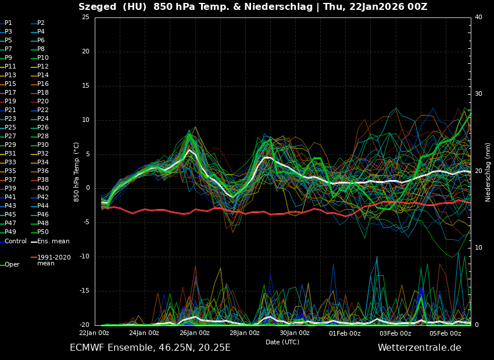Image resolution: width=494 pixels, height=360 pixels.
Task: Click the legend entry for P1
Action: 8,23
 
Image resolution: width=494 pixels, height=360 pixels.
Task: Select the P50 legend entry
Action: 43,232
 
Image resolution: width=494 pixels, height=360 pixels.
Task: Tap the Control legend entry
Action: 15,241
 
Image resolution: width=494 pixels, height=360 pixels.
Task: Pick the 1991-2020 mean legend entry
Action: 53,260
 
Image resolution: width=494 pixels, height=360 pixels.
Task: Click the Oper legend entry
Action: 12,265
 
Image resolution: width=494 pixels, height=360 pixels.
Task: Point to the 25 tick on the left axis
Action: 85,17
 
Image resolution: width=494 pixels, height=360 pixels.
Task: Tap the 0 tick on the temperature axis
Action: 87,188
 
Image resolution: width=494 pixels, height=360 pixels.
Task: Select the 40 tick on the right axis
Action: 478,17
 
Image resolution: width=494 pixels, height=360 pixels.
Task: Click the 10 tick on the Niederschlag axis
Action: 478,248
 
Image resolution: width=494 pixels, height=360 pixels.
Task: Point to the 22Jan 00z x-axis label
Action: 94,333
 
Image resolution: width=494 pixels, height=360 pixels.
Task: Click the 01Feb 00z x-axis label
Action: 345,333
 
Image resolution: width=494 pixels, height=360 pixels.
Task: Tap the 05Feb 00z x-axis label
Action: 445,333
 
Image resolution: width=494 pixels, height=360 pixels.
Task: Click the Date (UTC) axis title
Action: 282,342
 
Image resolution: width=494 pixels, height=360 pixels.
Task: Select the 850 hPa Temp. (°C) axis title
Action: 77,171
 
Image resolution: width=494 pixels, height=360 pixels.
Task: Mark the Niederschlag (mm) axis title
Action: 488,171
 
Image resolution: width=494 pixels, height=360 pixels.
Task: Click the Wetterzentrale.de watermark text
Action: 419,348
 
